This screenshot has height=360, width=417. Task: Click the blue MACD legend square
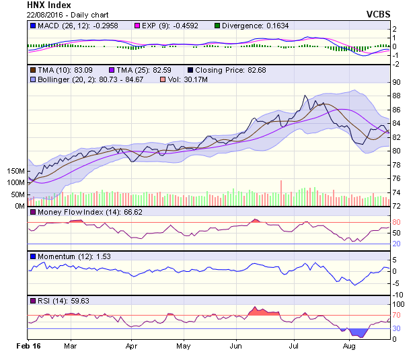click(33, 26)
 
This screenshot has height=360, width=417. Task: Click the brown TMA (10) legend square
click(33, 69)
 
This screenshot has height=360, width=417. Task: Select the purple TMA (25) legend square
click(112, 69)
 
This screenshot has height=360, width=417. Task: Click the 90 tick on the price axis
click(396, 82)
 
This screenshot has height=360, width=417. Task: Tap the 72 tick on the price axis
click(396, 206)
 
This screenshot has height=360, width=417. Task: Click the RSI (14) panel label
click(53, 301)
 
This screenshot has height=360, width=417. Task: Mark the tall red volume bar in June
click(280, 193)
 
